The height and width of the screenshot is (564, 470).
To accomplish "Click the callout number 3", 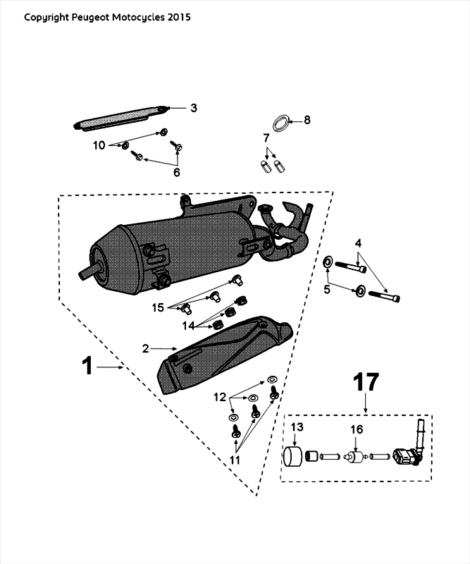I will click(x=193, y=108).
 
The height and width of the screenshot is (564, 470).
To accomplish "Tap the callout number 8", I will click(x=307, y=120).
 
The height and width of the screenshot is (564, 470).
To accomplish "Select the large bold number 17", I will click(x=366, y=383).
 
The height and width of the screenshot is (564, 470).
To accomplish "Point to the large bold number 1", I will click(x=87, y=367).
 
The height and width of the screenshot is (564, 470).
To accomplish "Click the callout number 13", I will click(x=297, y=428).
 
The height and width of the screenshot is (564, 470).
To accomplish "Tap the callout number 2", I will click(x=146, y=348).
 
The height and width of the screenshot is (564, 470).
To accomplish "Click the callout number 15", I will click(x=159, y=307).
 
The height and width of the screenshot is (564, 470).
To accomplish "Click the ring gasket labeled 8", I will click(x=280, y=121).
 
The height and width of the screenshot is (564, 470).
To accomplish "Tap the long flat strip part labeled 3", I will click(x=120, y=117).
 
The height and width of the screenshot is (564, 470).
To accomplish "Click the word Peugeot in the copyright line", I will click(x=89, y=16).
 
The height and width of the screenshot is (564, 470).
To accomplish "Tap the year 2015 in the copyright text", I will click(x=179, y=16).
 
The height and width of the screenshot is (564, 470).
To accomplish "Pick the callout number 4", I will click(x=358, y=243).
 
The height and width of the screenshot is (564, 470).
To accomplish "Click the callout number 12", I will click(x=221, y=396).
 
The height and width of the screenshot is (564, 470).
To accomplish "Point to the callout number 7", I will click(x=266, y=137).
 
